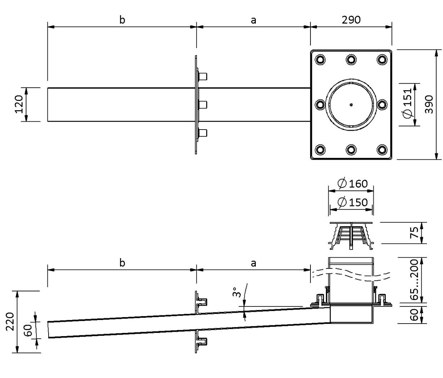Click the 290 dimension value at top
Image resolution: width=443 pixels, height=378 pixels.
point(351,20)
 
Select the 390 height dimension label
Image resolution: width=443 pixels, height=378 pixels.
point(429,105)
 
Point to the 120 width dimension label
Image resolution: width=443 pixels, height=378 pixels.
point(19,104)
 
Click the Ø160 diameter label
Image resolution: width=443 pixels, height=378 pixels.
point(353,184)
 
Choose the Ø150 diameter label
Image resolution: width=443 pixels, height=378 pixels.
point(353,202)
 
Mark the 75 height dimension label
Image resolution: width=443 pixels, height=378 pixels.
point(414,233)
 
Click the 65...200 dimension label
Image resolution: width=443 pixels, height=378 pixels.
point(414,280)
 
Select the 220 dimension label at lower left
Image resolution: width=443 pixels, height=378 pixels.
point(10,321)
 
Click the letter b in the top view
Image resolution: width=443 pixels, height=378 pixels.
point(122,20)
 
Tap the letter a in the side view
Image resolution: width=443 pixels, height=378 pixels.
point(254,264)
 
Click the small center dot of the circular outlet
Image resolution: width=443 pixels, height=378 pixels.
point(351,105)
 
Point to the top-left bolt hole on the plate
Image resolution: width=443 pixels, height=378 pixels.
point(320,59)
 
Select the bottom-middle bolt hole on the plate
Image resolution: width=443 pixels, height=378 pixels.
point(351,150)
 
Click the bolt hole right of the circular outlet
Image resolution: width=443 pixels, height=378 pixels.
point(382,105)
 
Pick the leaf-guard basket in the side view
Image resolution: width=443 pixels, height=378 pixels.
point(351,236)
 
